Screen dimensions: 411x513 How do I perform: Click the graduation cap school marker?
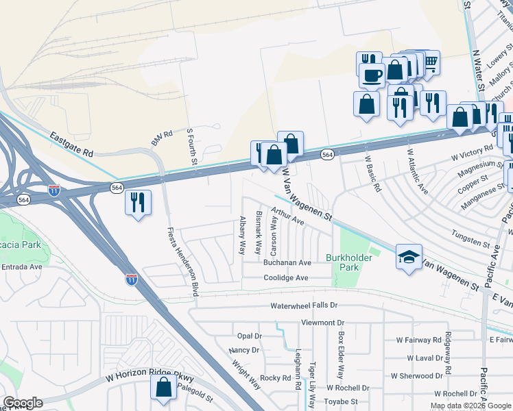coord(409,257)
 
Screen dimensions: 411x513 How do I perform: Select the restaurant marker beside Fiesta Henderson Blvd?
coord(138,203)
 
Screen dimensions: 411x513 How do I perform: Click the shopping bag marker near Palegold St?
coord(165,388)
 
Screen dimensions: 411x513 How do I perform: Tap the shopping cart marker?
coord(429,64)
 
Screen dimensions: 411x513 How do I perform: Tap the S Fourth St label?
coord(193,147)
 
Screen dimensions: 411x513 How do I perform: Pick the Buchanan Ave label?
coord(287,262)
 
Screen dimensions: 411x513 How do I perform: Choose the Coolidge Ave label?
coord(286,277)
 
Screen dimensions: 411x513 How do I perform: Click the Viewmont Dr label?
coord(322,322)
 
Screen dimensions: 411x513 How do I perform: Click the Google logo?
coord(22,403)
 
